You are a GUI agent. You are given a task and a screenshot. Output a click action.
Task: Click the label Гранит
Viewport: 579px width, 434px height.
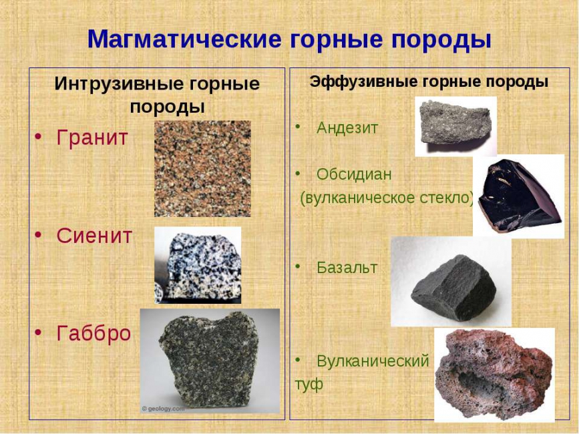tap(92, 138)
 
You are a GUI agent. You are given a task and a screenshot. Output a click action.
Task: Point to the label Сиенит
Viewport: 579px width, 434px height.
tap(94, 236)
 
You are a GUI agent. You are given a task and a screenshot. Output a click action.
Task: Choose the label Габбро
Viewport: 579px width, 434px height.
tap(93, 333)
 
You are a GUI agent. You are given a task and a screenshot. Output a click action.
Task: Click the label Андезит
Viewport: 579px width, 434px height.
tap(347, 128)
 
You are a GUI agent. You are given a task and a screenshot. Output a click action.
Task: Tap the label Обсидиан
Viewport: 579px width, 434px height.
tap(354, 174)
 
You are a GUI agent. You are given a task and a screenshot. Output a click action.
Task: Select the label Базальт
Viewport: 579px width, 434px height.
tap(347, 268)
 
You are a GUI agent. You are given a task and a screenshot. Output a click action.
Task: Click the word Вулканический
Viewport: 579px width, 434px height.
tap(373, 361)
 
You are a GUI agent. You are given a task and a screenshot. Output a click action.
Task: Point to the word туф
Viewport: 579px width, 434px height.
tap(309, 385)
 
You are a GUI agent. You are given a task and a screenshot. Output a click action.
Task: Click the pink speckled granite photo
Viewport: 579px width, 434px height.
tap(202, 168)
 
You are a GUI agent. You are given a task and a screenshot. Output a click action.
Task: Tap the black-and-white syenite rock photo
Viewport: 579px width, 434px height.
tap(198, 265)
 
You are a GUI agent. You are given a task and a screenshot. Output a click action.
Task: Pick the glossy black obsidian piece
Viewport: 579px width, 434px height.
tap(518, 196)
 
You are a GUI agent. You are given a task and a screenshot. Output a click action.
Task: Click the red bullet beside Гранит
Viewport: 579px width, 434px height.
tap(39, 138)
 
